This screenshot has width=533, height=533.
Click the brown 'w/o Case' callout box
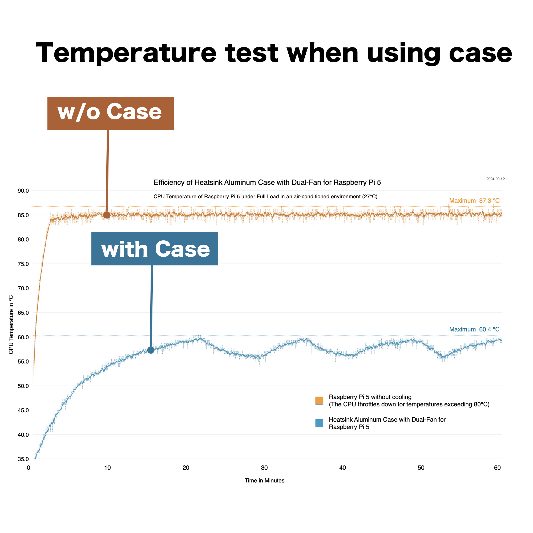tap(111, 113)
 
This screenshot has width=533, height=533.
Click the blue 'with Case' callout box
tap(155, 249)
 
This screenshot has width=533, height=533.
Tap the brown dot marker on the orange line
tap(107, 215)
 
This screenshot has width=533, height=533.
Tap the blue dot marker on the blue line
tap(151, 350)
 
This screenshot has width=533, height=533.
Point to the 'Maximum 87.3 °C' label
tap(474, 201)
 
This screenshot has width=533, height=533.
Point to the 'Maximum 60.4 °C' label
tap(474, 329)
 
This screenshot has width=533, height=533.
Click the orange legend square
tap(319, 400)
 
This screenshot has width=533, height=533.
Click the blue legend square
tap(319, 423)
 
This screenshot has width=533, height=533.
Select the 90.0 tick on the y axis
tap(23, 191)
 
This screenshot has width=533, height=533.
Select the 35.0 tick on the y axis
tap(23, 459)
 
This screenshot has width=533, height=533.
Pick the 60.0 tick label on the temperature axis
tap(23, 337)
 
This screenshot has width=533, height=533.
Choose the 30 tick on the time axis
tap(264, 468)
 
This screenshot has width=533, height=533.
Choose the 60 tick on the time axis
tap(497, 468)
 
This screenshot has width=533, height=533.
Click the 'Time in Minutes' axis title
tap(265, 480)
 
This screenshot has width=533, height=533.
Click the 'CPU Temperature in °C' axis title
tap(11, 325)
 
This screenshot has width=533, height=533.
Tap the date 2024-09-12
tap(495, 179)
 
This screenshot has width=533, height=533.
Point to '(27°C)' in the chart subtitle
tap(370, 196)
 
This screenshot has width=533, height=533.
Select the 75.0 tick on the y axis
tap(23, 264)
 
